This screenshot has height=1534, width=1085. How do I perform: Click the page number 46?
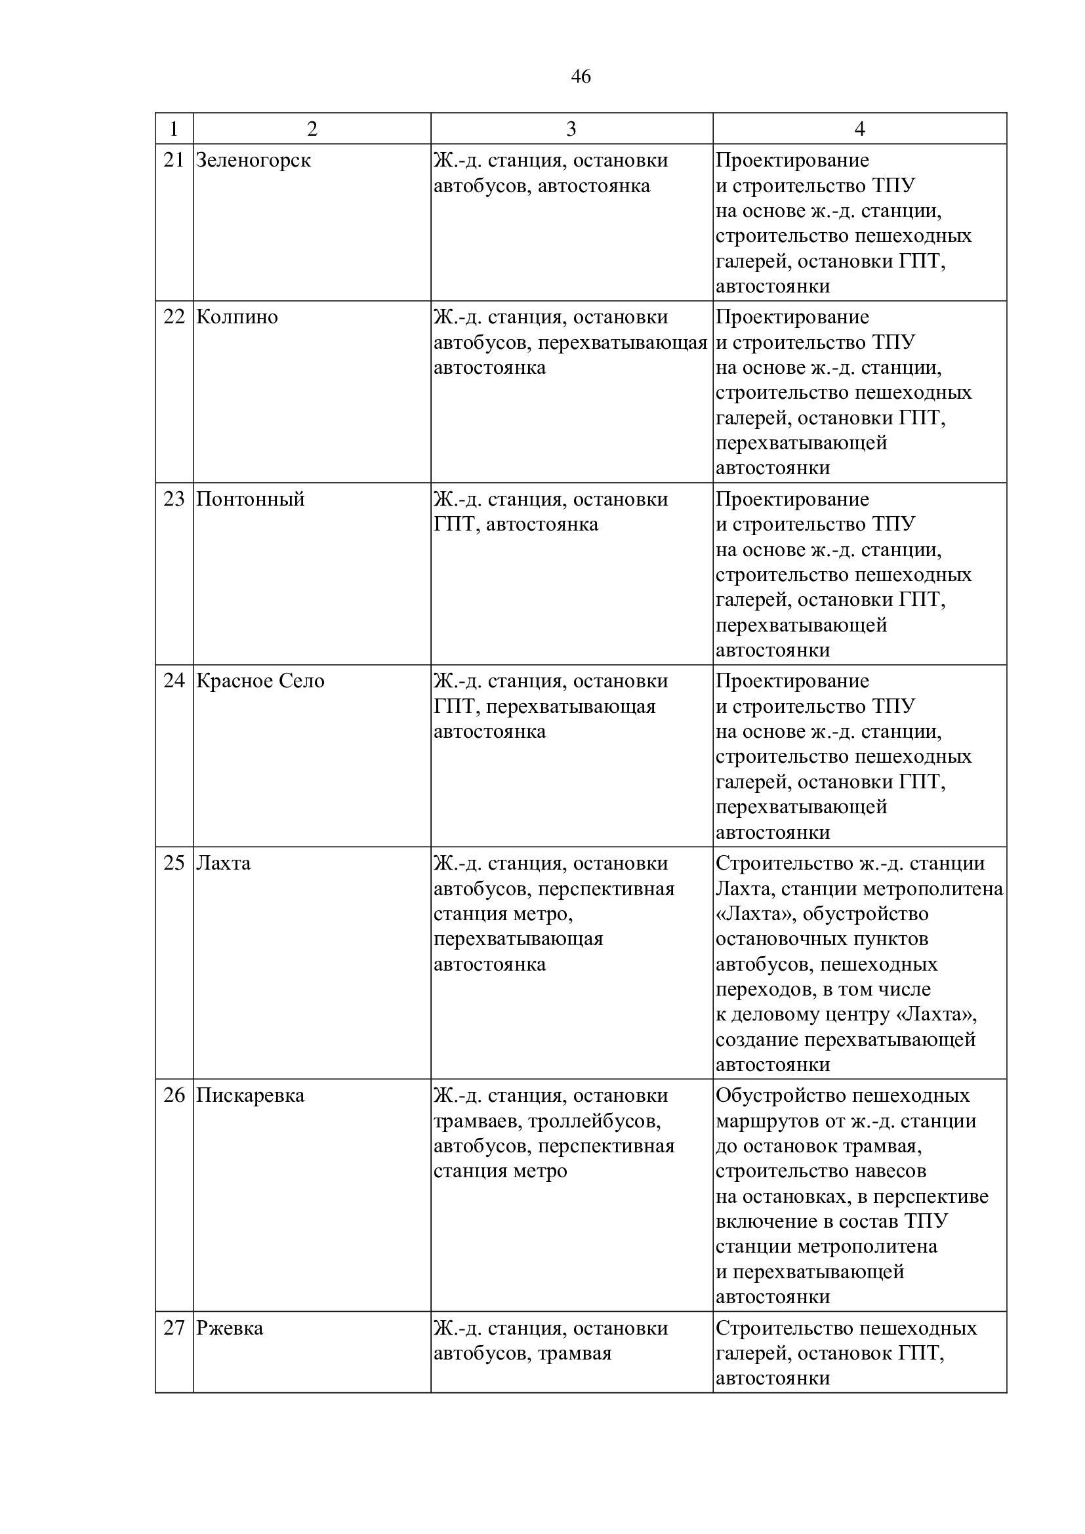(581, 77)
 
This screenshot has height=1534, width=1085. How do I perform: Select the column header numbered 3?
(571, 129)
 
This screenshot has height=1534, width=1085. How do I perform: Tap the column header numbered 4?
(859, 129)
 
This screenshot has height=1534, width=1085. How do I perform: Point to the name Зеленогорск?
(253, 161)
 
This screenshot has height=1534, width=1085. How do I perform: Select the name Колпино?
(237, 317)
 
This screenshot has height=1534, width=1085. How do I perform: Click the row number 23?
(174, 499)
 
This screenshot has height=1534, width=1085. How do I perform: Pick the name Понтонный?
(250, 499)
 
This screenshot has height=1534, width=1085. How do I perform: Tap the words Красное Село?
(260, 681)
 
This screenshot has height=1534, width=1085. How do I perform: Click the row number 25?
(174, 863)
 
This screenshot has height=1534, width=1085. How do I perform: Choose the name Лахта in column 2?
(223, 863)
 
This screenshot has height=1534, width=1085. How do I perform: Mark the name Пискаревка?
(250, 1096)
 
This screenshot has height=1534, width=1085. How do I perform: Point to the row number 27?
(174, 1328)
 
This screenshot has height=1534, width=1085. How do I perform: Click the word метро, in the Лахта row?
(546, 914)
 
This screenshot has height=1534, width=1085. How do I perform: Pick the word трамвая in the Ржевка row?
(575, 1354)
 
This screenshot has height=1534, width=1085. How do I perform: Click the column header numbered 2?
(312, 129)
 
